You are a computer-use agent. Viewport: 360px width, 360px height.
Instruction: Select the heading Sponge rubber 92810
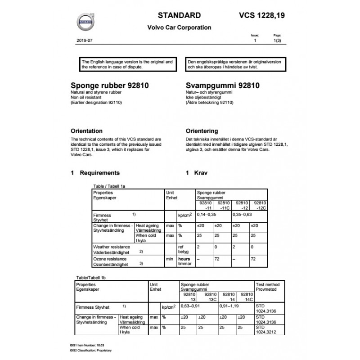(x=110, y=85)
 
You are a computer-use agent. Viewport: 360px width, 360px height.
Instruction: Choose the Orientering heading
(x=202, y=131)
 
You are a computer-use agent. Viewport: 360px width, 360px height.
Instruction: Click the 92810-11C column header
(x=221, y=205)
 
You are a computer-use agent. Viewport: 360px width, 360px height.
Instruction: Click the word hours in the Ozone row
(x=184, y=259)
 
